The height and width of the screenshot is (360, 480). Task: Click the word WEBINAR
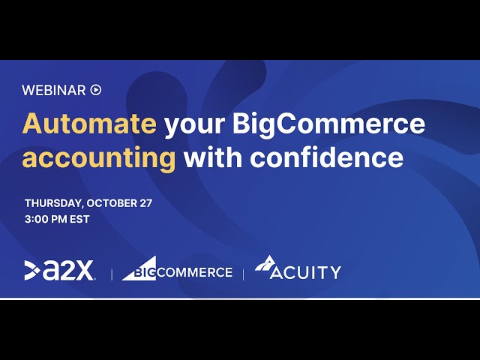[x=54, y=90]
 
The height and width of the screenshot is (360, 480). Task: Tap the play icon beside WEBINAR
[x=96, y=90]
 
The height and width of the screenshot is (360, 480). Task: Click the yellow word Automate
[x=89, y=123]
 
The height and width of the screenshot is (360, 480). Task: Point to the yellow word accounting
[x=99, y=158]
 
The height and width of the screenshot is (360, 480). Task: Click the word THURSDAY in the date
[x=53, y=203]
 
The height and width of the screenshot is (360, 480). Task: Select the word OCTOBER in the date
[x=112, y=203]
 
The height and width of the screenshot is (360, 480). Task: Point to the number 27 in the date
[x=146, y=203]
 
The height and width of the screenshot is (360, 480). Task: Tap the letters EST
[x=79, y=219]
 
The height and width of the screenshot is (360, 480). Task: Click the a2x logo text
[x=68, y=271]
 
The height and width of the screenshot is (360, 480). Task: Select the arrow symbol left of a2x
[x=32, y=270]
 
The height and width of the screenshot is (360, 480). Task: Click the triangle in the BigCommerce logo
[x=139, y=268]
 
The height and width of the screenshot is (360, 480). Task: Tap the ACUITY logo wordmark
[x=305, y=272]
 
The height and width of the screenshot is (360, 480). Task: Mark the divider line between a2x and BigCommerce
[x=112, y=274]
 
